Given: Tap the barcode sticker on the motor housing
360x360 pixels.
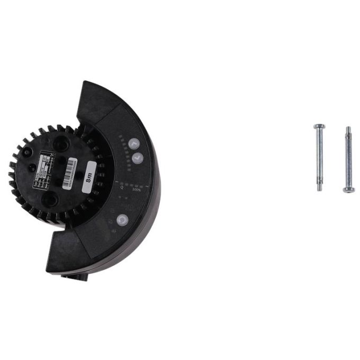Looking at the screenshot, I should click(x=73, y=174).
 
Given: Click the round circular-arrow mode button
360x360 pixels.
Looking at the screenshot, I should click(x=121, y=220).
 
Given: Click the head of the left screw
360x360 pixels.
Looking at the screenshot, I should click(x=319, y=127).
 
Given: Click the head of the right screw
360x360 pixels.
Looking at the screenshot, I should click(x=348, y=190).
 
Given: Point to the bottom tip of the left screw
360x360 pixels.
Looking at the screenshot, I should click(x=320, y=190).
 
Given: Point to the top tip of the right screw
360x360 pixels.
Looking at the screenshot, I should click(x=348, y=128).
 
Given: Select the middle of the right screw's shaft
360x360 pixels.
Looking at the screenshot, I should click(x=348, y=159).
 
